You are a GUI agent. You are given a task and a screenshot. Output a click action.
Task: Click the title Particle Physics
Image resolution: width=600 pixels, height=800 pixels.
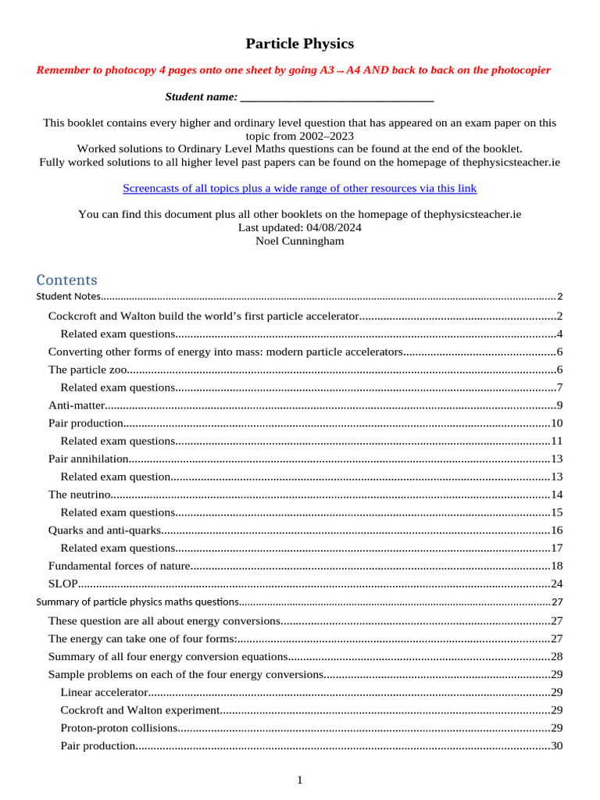[x=299, y=44]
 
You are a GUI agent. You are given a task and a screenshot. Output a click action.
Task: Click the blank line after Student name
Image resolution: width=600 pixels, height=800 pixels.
[x=337, y=97]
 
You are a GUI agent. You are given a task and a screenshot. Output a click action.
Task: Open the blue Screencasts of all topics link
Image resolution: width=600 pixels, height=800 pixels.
[x=299, y=188]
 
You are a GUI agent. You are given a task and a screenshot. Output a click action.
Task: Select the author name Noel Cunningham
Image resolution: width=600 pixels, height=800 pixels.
[x=299, y=241]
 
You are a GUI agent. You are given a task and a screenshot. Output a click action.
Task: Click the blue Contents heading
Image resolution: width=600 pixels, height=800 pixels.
[x=67, y=280]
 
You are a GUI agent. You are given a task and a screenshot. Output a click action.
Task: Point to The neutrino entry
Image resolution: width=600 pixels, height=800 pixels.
[x=80, y=495]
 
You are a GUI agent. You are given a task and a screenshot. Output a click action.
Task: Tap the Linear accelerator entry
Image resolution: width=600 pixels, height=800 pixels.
[x=104, y=692]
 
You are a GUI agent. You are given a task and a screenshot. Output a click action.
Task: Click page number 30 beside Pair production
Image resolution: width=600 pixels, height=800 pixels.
[x=556, y=746]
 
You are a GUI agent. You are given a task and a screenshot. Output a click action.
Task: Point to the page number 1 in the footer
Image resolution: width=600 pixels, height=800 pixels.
[x=299, y=780]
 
